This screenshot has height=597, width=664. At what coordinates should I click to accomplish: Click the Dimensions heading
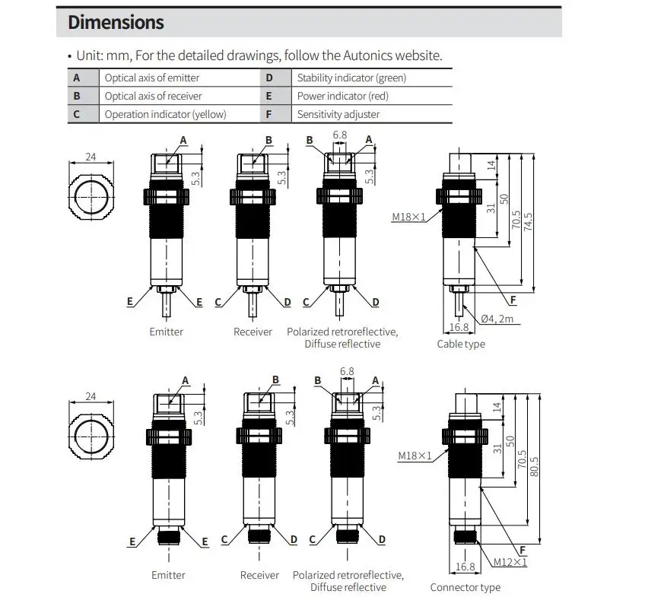(116, 22)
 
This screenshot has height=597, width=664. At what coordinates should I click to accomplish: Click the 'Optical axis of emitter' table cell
(152, 78)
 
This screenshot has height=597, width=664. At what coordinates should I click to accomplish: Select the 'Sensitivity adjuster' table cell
(338, 114)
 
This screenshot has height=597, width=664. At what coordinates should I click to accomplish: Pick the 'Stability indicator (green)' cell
(351, 78)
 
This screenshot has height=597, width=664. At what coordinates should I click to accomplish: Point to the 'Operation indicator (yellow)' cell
(165, 114)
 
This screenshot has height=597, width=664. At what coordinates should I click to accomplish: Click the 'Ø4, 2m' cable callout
(497, 319)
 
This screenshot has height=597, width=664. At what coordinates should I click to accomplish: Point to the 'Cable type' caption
(460, 344)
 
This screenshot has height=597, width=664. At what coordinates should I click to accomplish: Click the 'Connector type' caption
(465, 587)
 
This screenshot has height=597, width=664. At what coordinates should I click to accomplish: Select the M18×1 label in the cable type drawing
(409, 218)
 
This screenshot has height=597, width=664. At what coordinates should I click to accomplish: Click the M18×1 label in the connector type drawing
(415, 456)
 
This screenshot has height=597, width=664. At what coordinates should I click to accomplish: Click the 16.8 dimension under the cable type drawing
(459, 327)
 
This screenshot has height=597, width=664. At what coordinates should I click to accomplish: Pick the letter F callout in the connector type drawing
(523, 550)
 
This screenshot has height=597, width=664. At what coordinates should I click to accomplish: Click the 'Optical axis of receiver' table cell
(153, 96)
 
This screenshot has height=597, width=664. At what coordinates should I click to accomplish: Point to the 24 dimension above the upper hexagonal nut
(91, 157)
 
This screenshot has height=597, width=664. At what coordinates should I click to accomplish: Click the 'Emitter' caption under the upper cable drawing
(166, 332)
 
